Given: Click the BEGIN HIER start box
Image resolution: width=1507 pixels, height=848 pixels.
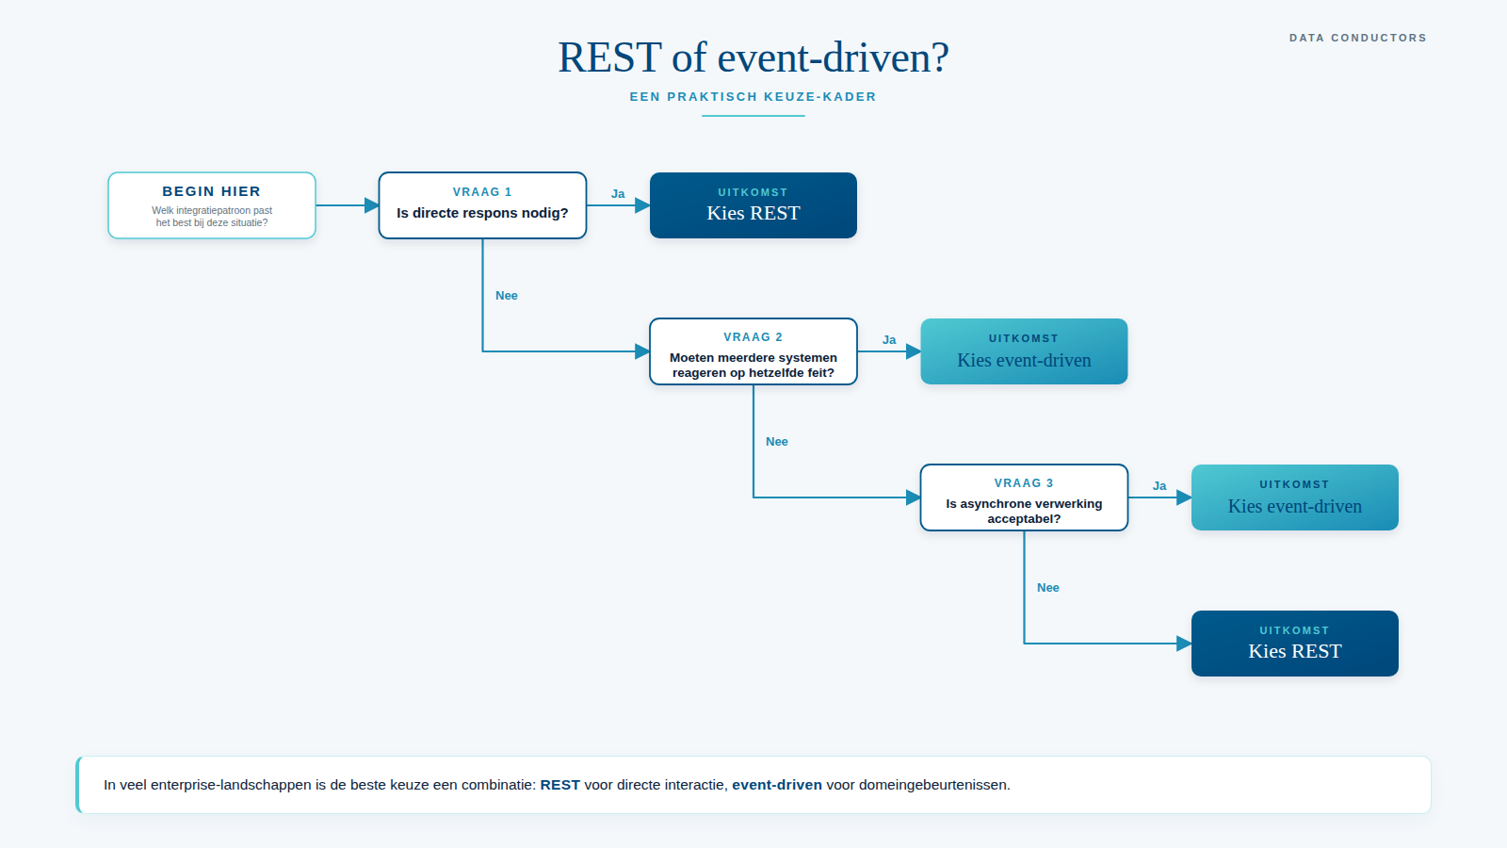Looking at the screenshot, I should point(212,205).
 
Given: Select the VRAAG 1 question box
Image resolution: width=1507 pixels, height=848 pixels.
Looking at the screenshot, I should point(482,205).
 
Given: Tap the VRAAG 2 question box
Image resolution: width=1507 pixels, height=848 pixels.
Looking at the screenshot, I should point(753,351).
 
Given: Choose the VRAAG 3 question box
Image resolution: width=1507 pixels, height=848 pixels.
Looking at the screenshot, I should point(1024,497).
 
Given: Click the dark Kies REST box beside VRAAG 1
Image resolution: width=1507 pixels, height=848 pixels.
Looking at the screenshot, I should point(753,205).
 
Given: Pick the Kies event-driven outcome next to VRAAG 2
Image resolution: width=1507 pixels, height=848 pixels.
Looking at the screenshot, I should point(1024,351).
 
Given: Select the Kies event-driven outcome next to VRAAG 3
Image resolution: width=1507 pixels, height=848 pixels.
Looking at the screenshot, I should point(1294,497).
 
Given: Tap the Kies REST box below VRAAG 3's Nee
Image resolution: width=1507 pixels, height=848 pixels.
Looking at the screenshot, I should point(1294,644).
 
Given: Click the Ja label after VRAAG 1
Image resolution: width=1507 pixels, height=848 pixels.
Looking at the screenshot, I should point(618,194).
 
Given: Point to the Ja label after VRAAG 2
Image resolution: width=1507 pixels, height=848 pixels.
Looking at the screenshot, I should point(889,340).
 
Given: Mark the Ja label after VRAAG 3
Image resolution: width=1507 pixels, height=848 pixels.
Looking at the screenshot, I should point(1159,486).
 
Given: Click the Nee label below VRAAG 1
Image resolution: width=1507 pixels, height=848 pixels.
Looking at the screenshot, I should point(507,296).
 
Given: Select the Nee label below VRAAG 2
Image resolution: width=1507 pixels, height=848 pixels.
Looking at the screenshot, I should point(777,442).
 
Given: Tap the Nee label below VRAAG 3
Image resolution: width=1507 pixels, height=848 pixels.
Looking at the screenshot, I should point(1048,588).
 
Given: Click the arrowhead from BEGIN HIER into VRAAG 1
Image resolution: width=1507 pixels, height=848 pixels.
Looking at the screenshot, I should point(371,205).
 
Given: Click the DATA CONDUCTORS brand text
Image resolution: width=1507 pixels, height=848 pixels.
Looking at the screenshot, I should point(1357,38).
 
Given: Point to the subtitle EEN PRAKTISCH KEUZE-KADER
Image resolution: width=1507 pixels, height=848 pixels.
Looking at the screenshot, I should point(753,97).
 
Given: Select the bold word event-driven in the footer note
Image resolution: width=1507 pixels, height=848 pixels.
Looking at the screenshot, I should point(777,785).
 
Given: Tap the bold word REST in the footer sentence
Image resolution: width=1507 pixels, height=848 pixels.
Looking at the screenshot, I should point(559,785).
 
